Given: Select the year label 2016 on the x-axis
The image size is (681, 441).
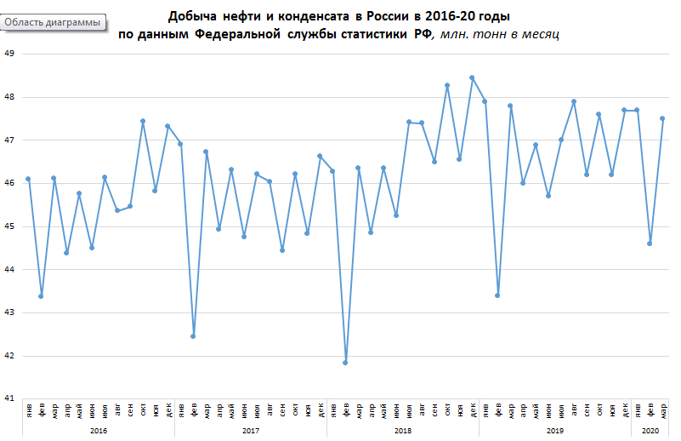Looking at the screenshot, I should point(99,432).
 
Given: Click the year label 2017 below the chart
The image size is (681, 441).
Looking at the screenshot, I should point(251,432).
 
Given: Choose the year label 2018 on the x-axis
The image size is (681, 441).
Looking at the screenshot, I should point(403,432).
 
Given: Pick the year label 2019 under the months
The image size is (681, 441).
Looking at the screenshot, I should point(555,432).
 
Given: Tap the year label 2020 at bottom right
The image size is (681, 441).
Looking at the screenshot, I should point(650,432).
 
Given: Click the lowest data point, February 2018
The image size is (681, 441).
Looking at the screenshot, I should point(345,363).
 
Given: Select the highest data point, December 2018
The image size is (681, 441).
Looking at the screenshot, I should point(472,77).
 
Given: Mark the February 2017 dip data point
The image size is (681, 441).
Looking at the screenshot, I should point(193,336).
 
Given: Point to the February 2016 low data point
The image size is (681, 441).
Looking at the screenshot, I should point(41,296).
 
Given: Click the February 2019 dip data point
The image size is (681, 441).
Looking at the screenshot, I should point(497,295).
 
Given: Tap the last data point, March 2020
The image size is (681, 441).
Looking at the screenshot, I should point(662,118).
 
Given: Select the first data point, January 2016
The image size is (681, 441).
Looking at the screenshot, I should point(28,179).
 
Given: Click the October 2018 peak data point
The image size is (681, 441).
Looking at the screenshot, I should point(447,85).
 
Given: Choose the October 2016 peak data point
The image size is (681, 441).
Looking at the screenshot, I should point(143,121).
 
